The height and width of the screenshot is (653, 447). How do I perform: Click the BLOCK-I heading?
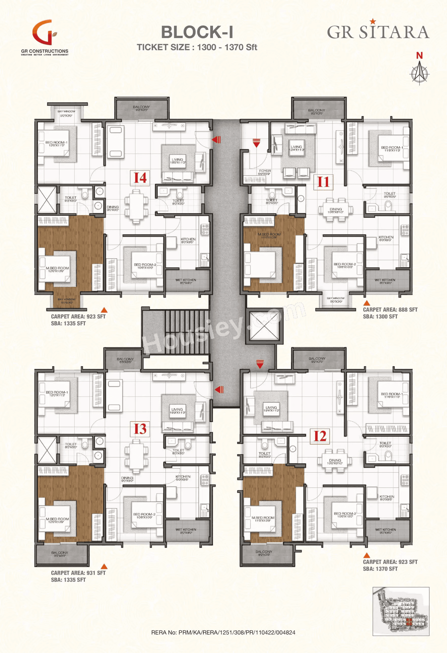point(197,32)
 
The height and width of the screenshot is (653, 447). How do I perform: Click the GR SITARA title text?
point(378,31)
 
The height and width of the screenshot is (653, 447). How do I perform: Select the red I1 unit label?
point(323,182)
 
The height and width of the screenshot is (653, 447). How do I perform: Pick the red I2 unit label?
point(320,436)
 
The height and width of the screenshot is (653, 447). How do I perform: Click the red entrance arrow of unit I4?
point(216,139)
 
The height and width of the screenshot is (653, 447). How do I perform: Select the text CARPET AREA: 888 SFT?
point(390,310)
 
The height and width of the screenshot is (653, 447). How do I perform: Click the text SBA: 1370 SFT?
point(380,569)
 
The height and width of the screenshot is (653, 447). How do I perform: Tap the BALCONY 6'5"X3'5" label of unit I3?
point(125,360)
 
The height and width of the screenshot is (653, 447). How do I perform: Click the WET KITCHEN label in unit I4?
point(186,281)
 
